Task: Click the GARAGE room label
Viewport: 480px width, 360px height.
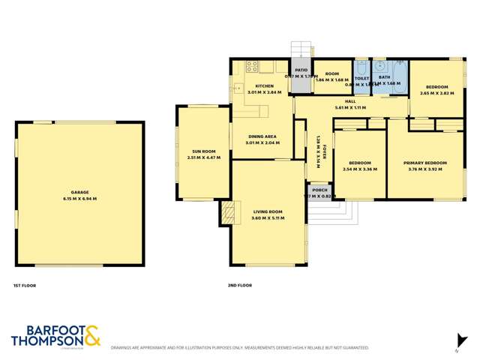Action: pyautogui.click(x=79, y=191)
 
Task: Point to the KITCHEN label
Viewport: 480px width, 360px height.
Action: pyautogui.click(x=264, y=86)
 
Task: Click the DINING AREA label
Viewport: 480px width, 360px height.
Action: pyautogui.click(x=262, y=136)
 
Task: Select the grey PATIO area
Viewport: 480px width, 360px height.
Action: pyautogui.click(x=300, y=79)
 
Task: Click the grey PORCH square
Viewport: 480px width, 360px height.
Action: pyautogui.click(x=319, y=193)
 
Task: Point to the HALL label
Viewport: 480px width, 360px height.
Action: pyautogui.click(x=350, y=101)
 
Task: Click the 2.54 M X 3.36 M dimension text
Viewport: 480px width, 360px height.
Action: pyautogui.click(x=359, y=169)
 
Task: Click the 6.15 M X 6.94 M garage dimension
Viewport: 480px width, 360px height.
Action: pyautogui.click(x=79, y=198)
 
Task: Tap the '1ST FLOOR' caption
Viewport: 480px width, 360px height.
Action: pyautogui.click(x=25, y=286)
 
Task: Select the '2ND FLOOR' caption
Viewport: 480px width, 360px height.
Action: pyautogui.click(x=239, y=286)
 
